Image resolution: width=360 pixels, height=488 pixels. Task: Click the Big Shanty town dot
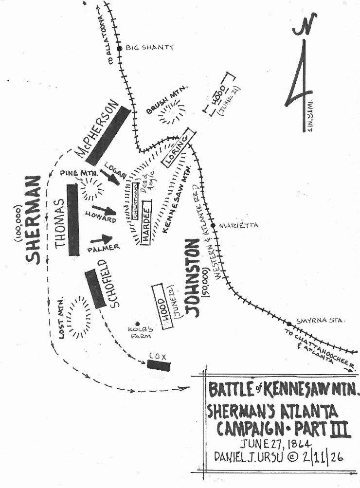[x=119, y=48]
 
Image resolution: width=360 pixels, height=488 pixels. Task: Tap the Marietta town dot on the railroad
[x=213, y=226]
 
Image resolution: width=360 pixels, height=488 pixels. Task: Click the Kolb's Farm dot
[x=138, y=324]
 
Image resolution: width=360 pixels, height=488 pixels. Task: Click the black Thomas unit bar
[x=73, y=220]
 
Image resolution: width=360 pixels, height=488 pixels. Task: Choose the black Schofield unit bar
[x=95, y=289]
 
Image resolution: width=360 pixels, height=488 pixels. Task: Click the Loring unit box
[x=179, y=148]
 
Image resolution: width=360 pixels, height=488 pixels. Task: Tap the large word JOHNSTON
[x=192, y=278]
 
